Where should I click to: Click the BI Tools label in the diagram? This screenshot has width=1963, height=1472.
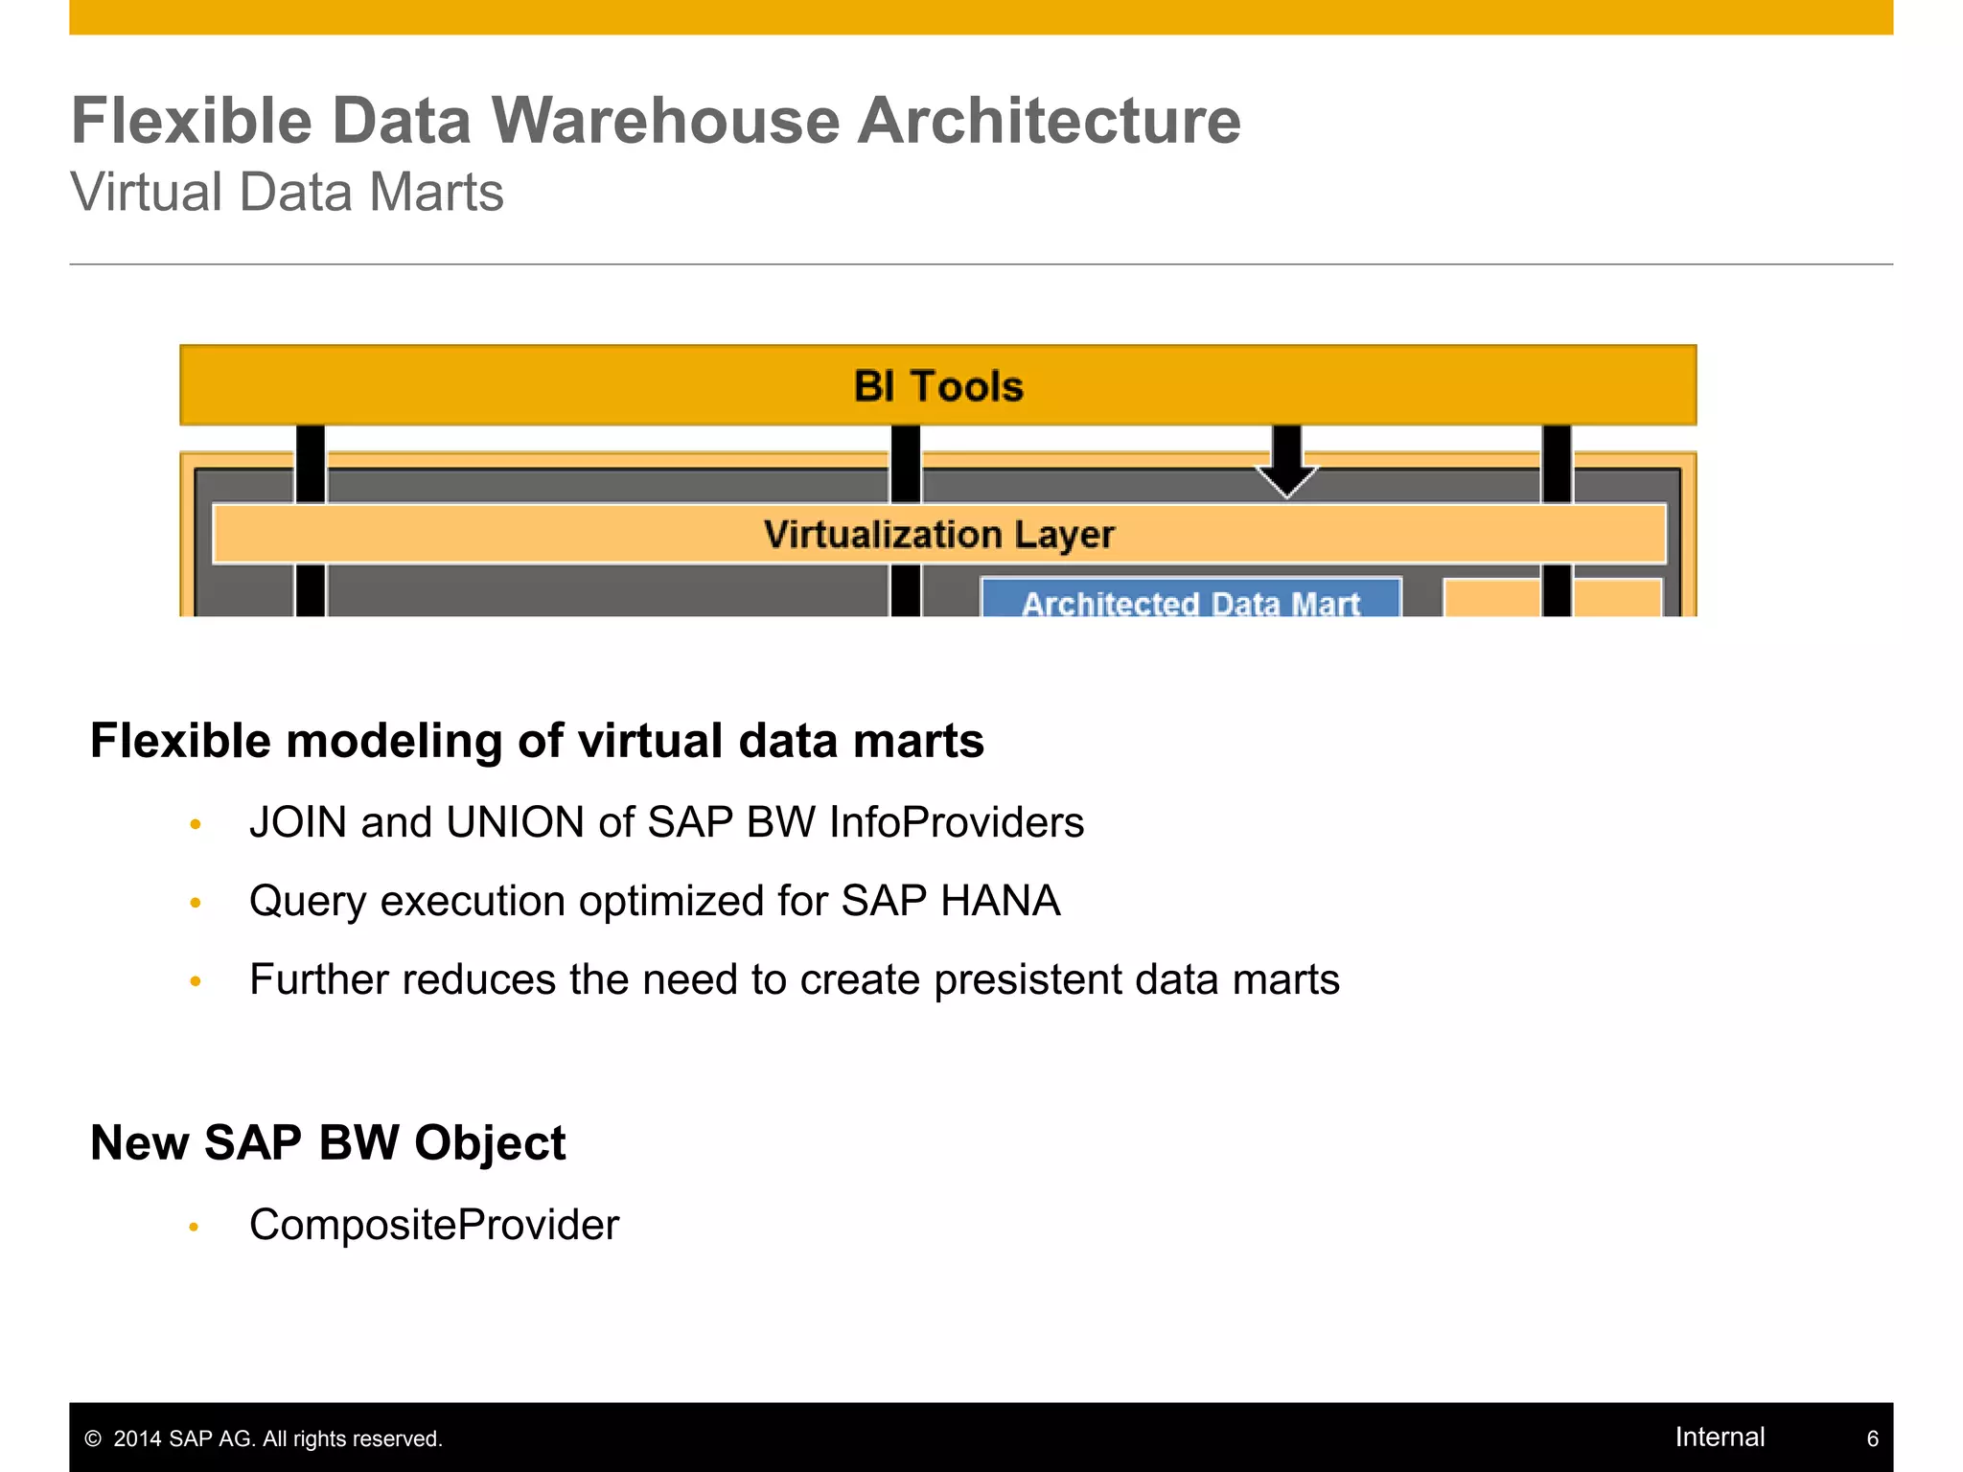[938, 386]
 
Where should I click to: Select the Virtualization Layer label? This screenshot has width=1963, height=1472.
[938, 534]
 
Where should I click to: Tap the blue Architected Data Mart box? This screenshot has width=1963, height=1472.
[1190, 600]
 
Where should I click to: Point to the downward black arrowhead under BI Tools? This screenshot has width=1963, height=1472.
[1286, 478]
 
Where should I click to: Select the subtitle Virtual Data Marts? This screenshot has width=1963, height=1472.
[287, 192]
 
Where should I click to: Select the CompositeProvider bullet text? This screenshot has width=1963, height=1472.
[434, 1225]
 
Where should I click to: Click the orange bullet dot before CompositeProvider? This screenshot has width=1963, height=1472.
[195, 1227]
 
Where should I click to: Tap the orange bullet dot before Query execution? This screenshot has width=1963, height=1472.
[196, 903]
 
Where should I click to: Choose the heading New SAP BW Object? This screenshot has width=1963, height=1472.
[328, 1142]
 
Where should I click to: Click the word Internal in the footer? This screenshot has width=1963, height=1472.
[1720, 1437]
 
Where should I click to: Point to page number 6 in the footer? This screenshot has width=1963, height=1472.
[1872, 1438]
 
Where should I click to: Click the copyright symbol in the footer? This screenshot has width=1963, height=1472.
[93, 1438]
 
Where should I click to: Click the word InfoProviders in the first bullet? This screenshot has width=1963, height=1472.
[957, 822]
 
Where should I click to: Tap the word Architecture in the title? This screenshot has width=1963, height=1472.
[1049, 122]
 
